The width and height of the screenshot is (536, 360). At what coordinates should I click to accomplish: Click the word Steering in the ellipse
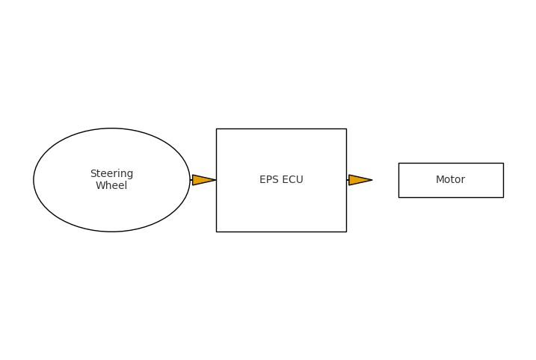111,174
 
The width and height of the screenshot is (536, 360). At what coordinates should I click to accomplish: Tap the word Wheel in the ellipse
111,186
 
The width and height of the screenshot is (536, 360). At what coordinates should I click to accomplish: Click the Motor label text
450,180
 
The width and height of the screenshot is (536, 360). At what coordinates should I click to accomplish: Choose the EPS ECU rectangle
281,209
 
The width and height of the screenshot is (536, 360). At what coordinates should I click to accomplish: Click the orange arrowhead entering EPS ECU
203,180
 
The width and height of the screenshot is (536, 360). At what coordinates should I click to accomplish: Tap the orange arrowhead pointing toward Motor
359,180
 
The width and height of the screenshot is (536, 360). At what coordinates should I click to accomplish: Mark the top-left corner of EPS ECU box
217,128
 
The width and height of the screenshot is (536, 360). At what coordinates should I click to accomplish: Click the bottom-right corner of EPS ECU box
346,232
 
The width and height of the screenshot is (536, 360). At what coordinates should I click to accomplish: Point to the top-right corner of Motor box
503,163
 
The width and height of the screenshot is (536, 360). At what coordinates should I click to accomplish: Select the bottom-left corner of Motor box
398,197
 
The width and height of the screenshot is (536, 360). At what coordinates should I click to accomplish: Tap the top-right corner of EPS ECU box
346,128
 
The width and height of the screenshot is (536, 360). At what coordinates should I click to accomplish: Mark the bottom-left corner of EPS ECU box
217,232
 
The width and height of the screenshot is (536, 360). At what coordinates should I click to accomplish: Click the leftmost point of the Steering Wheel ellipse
34,180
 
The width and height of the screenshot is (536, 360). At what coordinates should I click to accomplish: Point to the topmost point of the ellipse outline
111,128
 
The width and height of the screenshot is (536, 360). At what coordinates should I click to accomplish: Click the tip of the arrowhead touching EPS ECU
216,180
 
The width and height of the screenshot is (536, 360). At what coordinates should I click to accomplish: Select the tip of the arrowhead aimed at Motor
372,180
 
